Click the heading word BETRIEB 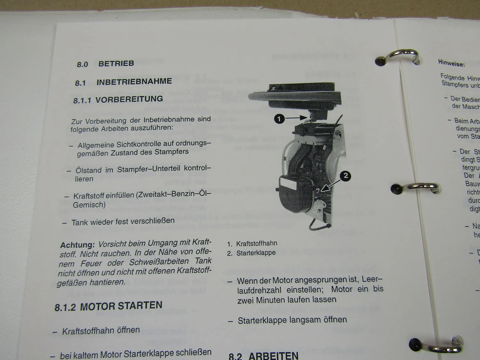tap(116, 63)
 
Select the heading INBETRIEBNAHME tap(134, 82)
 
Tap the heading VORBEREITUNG tap(129, 99)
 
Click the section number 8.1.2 tap(65, 308)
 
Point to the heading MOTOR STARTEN tap(121, 306)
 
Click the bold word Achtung tap(77, 245)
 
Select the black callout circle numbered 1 tap(279, 119)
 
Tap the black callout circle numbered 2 tap(345, 176)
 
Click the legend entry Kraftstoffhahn tap(257, 244)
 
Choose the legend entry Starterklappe tap(256, 253)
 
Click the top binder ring tap(400, 56)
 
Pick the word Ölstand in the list tap(88, 170)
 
